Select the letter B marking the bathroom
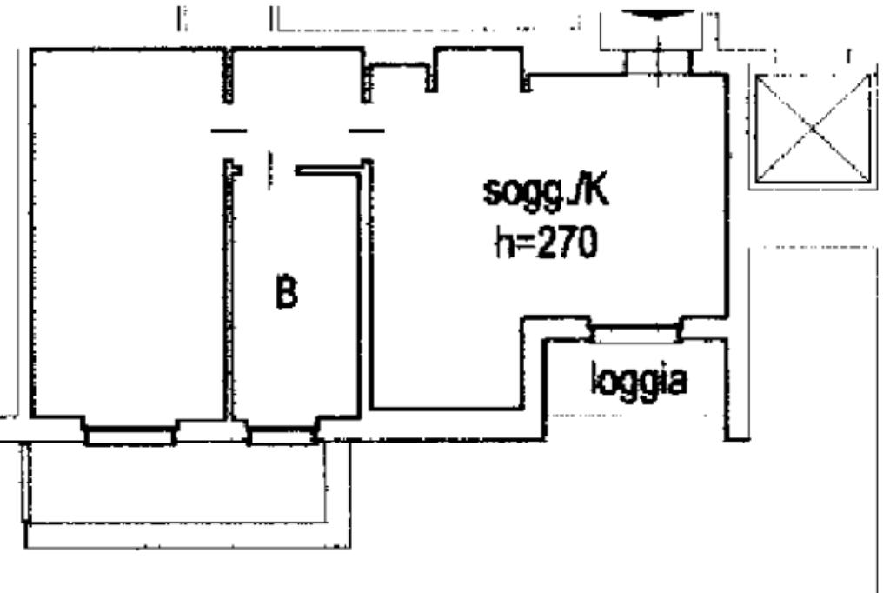286,295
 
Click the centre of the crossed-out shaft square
812,129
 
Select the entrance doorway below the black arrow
659,62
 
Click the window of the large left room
130,432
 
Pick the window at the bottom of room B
282,432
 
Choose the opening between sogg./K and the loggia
634,331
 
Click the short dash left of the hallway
229,130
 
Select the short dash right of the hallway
366,130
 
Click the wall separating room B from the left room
230,296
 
